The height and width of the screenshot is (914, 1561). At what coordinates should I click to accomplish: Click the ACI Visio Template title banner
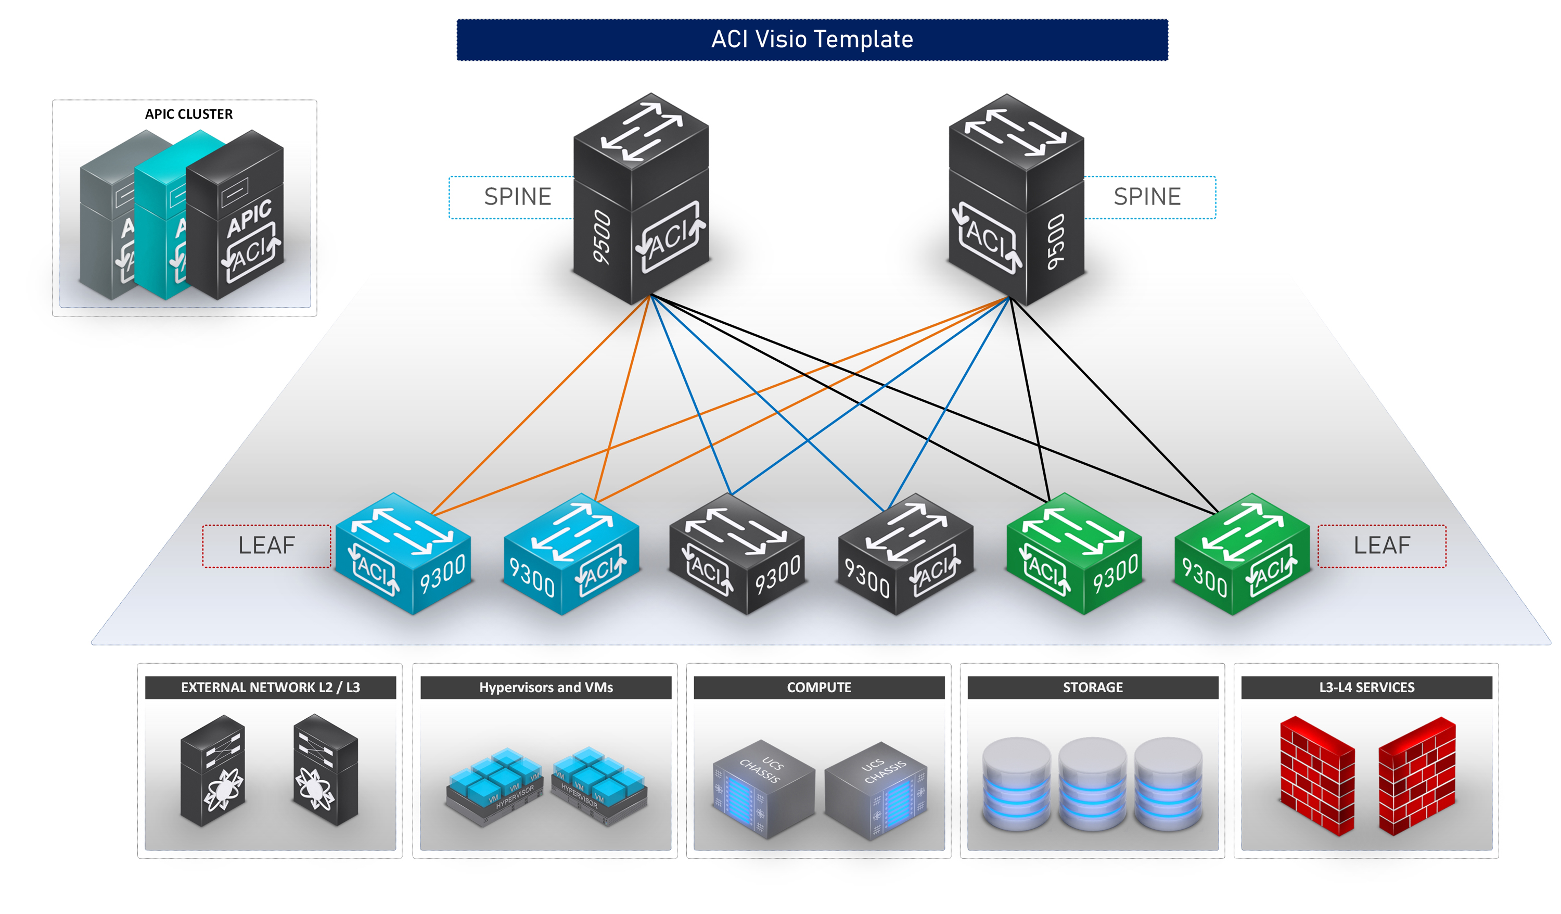click(812, 40)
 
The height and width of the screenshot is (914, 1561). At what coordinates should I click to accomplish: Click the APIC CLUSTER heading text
click(188, 114)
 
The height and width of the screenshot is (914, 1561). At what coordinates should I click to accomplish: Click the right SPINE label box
click(1147, 197)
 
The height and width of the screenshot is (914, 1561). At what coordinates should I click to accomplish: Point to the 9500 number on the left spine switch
click(602, 237)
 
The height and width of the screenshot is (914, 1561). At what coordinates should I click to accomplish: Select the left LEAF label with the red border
click(266, 546)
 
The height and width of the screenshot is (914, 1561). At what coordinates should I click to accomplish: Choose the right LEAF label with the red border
click(1382, 546)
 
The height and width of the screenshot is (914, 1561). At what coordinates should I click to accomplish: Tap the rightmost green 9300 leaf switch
click(1242, 555)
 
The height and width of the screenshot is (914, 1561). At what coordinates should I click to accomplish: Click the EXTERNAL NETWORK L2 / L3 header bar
click(270, 687)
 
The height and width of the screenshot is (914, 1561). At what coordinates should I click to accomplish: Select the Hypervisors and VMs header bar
click(546, 687)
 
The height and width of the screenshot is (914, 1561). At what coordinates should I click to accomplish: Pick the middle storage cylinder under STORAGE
click(1092, 784)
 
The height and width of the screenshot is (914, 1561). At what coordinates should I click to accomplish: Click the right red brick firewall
click(1417, 776)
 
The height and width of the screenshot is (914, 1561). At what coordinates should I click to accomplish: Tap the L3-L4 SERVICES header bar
click(1366, 687)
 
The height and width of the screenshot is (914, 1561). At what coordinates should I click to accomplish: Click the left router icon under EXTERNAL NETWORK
click(212, 771)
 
